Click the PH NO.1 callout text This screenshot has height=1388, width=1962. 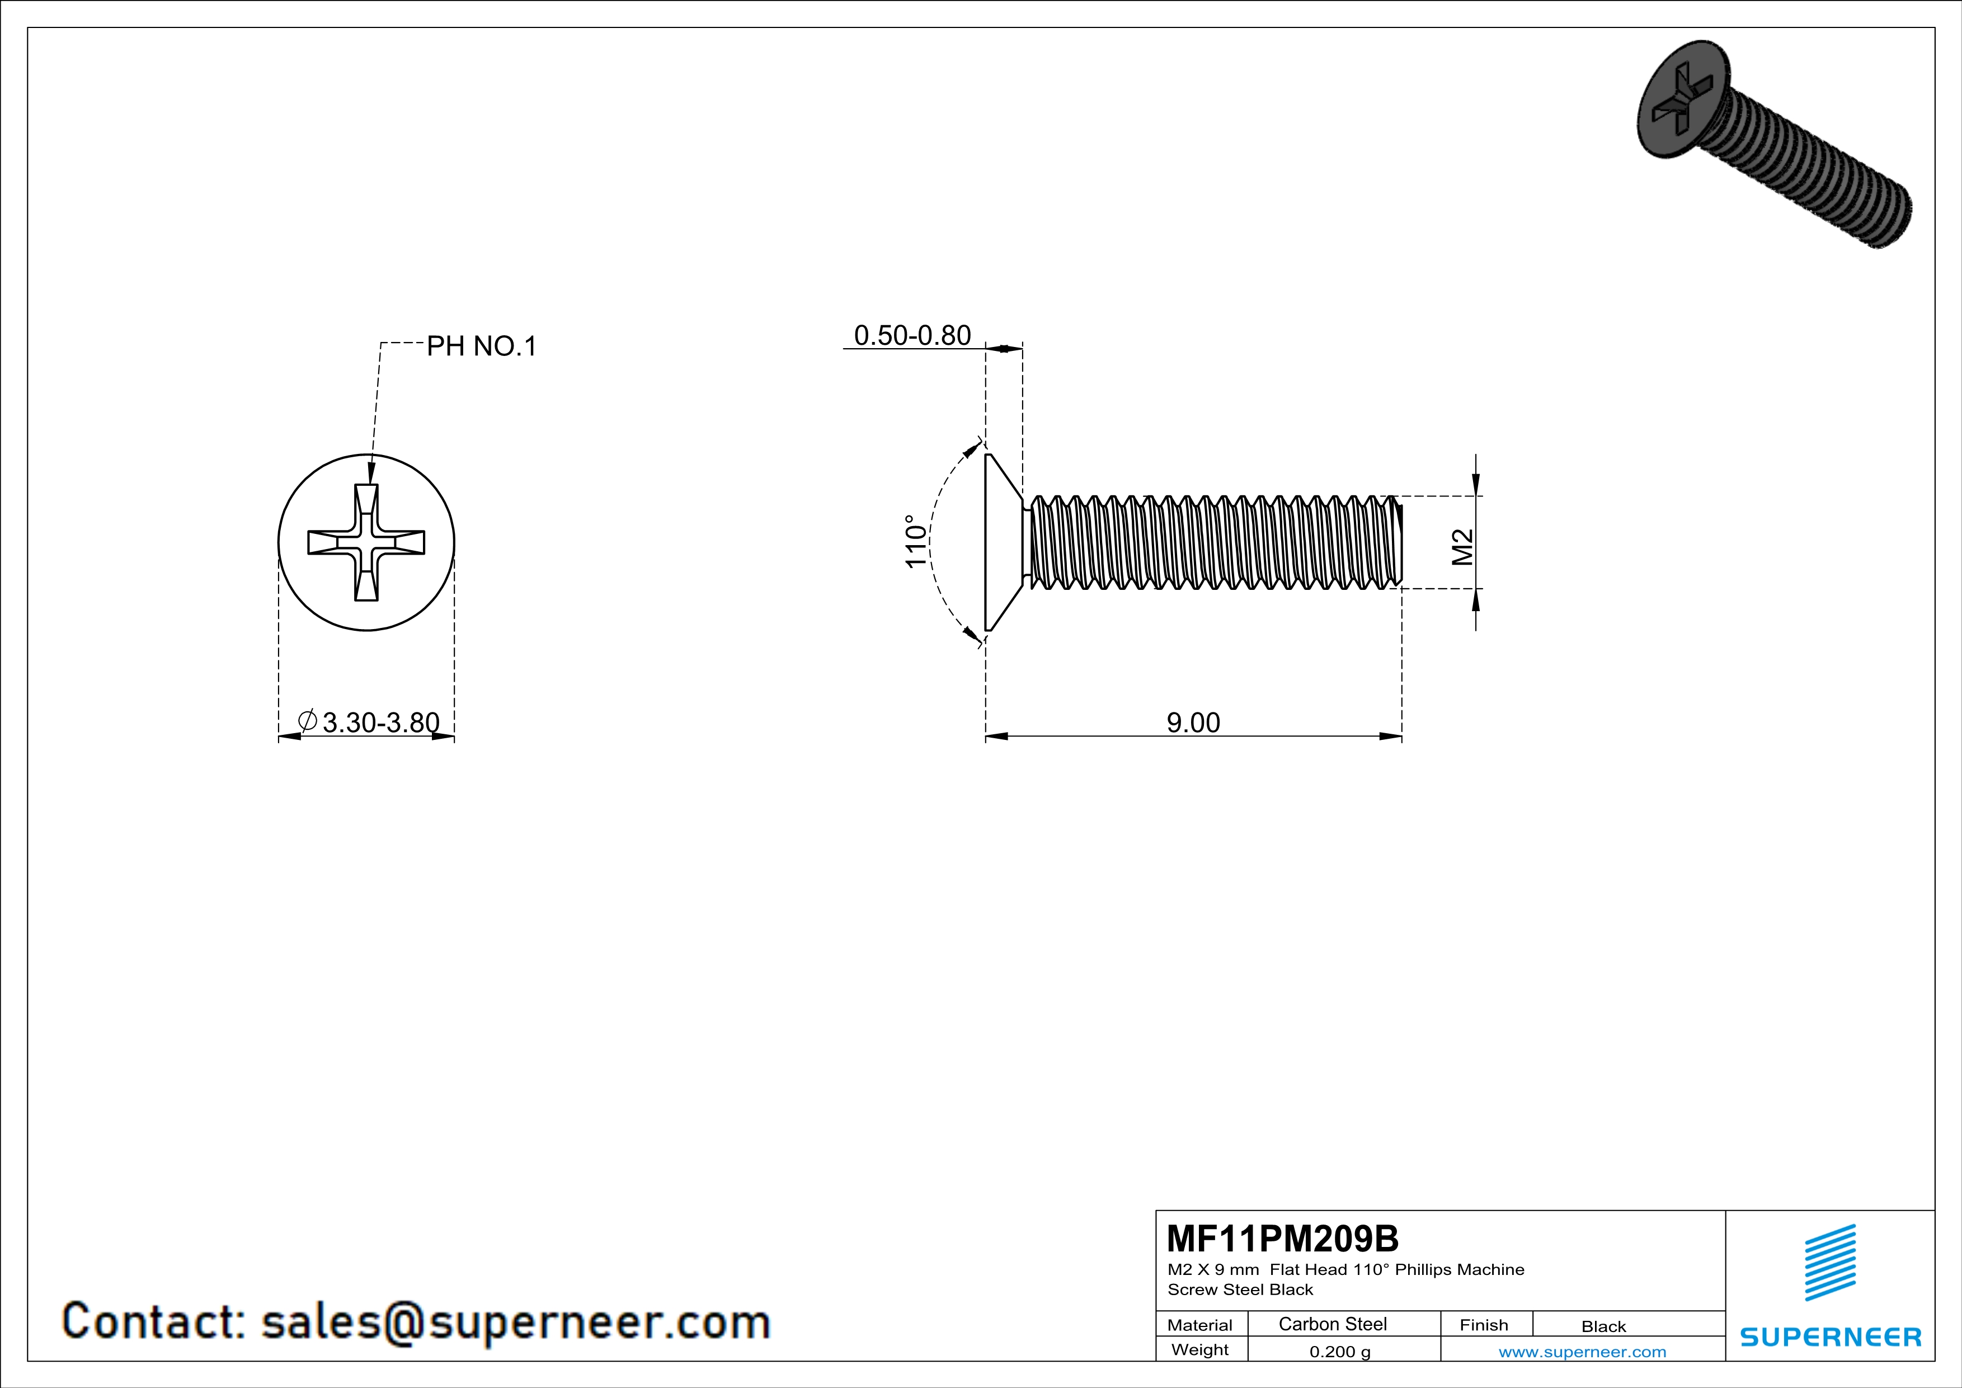pos(481,346)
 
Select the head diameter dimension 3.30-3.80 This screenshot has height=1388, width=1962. pos(380,723)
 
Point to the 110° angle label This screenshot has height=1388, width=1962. pos(915,541)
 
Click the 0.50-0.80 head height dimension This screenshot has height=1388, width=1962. pos(912,335)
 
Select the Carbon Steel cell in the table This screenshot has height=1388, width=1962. pos(1332,1324)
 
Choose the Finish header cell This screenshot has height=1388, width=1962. pos(1484,1325)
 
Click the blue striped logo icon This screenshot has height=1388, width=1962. pos(1829,1263)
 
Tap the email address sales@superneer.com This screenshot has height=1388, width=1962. pos(515,1321)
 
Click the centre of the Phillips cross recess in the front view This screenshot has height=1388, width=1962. pos(366,543)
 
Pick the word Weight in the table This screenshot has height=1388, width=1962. pos(1200,1349)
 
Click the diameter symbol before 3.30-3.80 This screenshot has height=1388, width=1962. pos(308,720)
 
